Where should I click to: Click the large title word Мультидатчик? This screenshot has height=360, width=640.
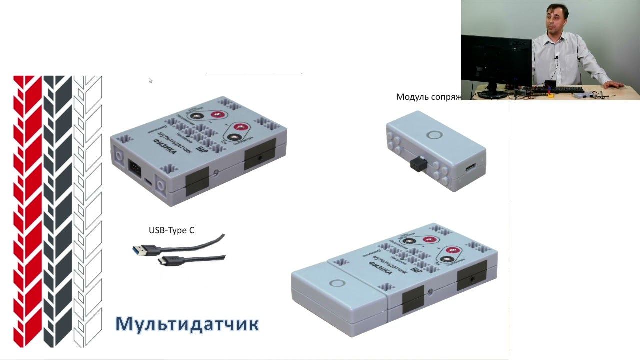tap(187, 324)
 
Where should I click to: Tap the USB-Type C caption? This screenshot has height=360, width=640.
tap(171, 230)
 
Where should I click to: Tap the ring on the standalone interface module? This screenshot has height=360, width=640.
tap(433, 135)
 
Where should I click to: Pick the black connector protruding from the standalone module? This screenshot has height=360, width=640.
tap(417, 165)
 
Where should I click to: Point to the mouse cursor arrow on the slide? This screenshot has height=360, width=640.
tap(150, 80)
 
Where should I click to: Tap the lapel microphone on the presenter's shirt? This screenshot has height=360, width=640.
tap(556, 59)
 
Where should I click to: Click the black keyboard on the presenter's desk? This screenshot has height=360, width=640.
tap(565, 90)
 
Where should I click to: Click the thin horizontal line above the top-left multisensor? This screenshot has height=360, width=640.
tap(254, 74)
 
